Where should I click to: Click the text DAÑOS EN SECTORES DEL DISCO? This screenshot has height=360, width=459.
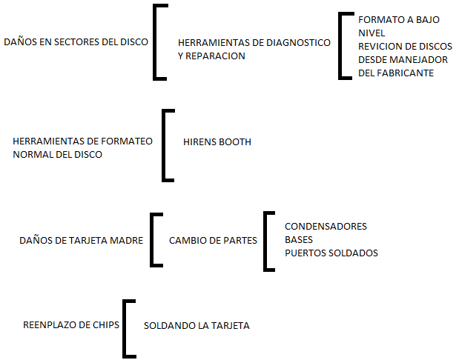76,41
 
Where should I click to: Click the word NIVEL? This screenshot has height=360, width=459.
372,33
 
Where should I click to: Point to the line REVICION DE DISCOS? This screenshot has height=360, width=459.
404,46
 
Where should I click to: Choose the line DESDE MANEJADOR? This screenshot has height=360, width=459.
403,59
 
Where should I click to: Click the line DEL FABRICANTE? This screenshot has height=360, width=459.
395,73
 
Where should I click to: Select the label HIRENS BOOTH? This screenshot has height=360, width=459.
217,141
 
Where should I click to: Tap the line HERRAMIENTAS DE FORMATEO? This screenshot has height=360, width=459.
83,141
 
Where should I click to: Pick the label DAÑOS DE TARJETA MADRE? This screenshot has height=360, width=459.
82,240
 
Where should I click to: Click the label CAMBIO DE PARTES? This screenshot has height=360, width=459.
213,240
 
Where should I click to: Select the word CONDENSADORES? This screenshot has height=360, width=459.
326,227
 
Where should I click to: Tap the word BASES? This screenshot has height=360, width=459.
299,240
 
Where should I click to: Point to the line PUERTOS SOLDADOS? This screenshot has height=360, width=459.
331,253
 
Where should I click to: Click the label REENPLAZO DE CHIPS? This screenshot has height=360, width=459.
71,324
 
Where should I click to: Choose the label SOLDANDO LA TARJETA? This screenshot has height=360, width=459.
197,325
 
